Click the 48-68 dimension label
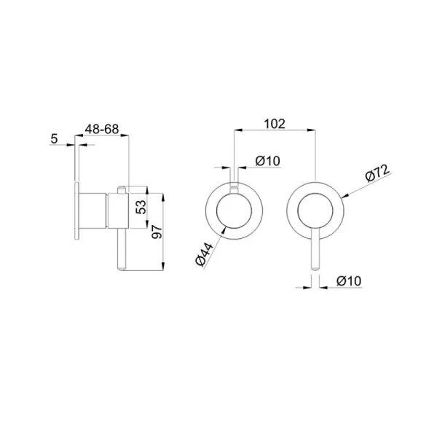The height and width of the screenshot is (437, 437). point(102,129)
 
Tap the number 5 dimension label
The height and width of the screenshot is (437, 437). point(54,138)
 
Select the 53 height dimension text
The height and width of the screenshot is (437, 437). point(142,207)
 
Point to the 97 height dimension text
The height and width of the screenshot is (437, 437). point(157,232)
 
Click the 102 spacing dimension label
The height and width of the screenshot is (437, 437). point(275,124)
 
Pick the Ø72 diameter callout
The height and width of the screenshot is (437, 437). point(377,173)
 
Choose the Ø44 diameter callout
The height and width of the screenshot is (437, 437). point(204,254)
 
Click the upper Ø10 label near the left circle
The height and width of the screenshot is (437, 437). point(267,161)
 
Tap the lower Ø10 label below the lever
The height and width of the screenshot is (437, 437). point(349,280)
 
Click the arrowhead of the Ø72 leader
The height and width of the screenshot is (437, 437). point(345,197)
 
